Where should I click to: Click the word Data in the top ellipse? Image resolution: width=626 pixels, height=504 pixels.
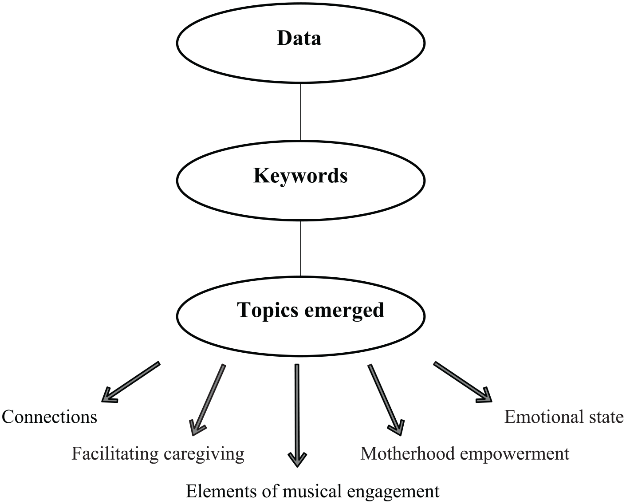[x=299, y=38]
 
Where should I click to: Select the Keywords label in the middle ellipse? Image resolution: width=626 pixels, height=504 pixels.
[x=300, y=176]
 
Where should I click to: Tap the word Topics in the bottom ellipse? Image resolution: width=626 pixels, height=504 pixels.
[x=268, y=311]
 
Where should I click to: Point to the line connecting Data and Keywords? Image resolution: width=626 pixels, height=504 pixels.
[x=301, y=112]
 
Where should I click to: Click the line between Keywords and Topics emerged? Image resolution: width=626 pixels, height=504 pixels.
[x=301, y=248]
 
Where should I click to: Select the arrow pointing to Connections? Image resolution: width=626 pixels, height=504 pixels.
[x=130, y=382]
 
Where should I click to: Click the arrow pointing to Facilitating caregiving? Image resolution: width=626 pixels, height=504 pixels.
[x=207, y=400]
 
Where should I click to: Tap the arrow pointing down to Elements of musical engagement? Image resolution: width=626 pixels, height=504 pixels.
[x=297, y=415]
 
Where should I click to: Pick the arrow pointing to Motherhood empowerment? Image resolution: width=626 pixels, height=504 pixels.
[x=386, y=400]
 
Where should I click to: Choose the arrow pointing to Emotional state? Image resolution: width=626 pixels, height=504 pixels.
[x=463, y=382]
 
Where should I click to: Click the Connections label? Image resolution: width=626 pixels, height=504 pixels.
[x=49, y=417]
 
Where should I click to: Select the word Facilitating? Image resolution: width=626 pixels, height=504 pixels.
[x=115, y=454]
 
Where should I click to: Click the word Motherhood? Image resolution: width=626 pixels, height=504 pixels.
[x=408, y=453]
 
